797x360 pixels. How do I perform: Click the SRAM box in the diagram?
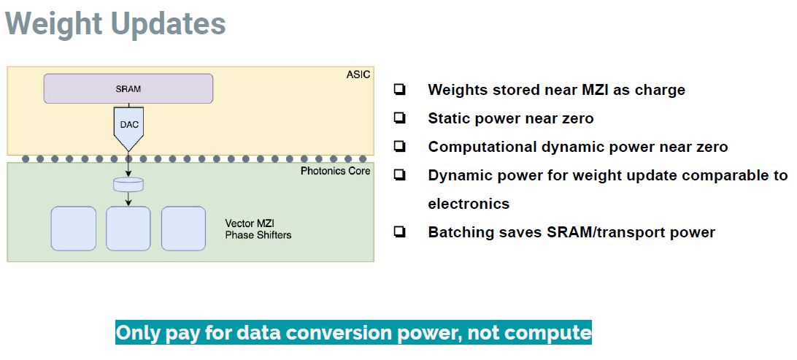pyautogui.click(x=128, y=88)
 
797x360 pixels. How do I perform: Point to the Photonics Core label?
pyautogui.click(x=336, y=171)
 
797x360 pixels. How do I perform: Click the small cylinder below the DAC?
pyautogui.click(x=128, y=184)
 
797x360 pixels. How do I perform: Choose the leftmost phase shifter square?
pyautogui.click(x=74, y=229)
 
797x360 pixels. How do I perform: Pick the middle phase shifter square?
pyautogui.click(x=128, y=229)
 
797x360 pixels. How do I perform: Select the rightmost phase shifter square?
pyautogui.click(x=183, y=229)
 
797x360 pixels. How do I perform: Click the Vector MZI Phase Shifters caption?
pyautogui.click(x=258, y=229)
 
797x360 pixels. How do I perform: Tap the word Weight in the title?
pyautogui.click(x=54, y=23)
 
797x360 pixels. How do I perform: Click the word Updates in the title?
pyautogui.click(x=169, y=23)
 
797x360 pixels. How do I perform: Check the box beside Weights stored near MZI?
pyautogui.click(x=399, y=90)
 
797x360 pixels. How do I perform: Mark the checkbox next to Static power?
pyautogui.click(x=399, y=118)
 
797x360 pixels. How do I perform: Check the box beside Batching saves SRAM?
pyautogui.click(x=399, y=232)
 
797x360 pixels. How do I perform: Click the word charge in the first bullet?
pyautogui.click(x=660, y=91)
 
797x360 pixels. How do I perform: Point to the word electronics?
pyautogui.click(x=469, y=204)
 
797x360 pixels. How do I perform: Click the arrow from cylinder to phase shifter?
pyautogui.click(x=128, y=199)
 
